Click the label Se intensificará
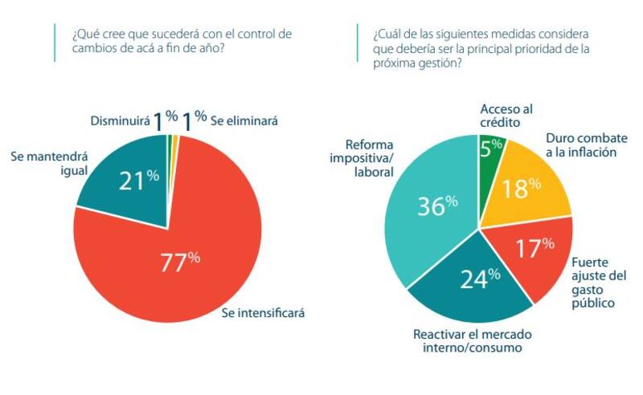click(264, 312)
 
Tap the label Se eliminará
click(244, 120)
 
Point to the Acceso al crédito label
click(506, 115)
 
